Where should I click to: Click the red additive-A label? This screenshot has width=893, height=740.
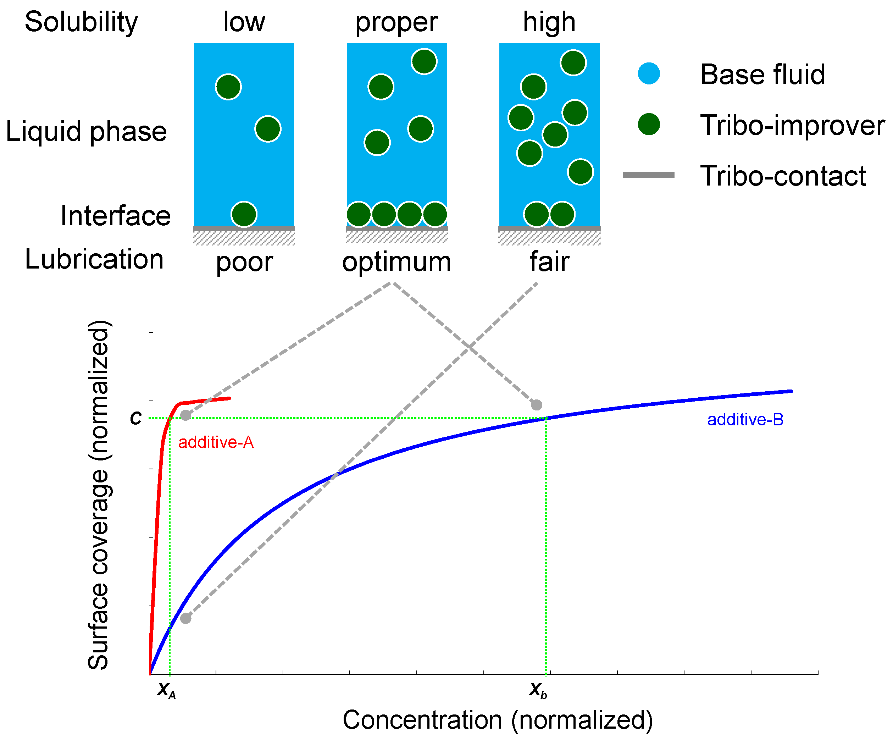216,443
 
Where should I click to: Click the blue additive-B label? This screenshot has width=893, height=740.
745,420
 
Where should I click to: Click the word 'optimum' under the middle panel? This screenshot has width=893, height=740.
396,261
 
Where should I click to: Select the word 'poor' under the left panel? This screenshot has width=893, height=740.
244,262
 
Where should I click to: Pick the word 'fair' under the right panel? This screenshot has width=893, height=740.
549,261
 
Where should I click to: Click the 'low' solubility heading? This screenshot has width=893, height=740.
244,22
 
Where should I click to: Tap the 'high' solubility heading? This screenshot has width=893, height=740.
549,22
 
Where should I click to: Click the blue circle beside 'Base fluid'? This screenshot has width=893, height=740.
649,73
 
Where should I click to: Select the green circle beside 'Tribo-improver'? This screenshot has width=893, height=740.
649,124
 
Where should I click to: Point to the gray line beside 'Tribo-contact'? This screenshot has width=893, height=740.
649,175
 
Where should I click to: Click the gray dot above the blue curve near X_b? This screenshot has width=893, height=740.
537,405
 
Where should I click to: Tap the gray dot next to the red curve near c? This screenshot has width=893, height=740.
186,415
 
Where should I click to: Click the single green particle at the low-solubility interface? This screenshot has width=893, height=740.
244,214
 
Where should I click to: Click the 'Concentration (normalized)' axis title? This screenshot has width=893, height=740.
498,720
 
